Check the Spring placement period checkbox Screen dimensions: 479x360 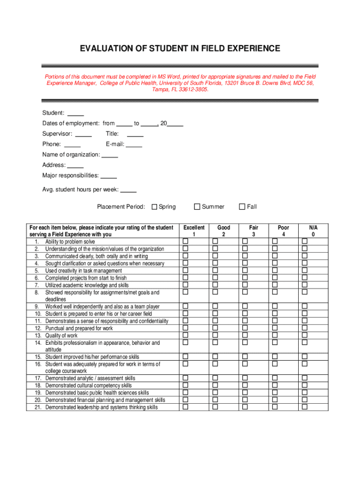tap(155, 207)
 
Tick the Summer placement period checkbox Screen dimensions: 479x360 tap(197, 207)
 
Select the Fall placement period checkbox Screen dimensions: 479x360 tap(242, 207)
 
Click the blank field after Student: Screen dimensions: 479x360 tap(76, 113)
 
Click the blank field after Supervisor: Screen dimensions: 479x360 tap(84, 134)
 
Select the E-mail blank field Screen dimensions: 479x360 tap(134, 144)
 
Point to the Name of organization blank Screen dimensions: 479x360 tap(110, 155)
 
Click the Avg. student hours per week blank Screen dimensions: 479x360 tap(129, 190)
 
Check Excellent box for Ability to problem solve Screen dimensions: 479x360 tap(185, 241)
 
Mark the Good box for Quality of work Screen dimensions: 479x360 tap(216, 335)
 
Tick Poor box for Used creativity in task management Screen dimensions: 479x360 tap(275, 270)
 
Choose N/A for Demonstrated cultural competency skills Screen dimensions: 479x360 tap(305, 385)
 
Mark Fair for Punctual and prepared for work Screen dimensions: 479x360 tap(245, 328)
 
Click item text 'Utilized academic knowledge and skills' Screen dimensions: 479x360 tap(87, 285)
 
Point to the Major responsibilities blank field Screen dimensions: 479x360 tap(108, 176)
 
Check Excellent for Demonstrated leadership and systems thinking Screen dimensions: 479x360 tap(185, 407)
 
